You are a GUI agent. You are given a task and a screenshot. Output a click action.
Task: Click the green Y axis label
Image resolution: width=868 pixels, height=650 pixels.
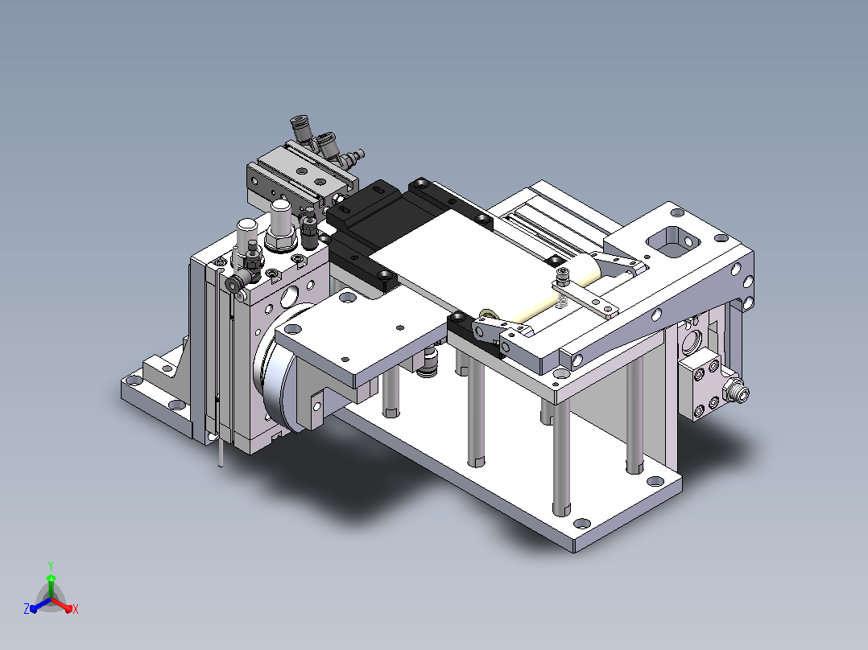51,566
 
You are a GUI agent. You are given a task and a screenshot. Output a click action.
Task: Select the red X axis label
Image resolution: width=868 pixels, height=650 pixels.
76,609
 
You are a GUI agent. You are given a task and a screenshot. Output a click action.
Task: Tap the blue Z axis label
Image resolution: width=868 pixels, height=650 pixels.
26,608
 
